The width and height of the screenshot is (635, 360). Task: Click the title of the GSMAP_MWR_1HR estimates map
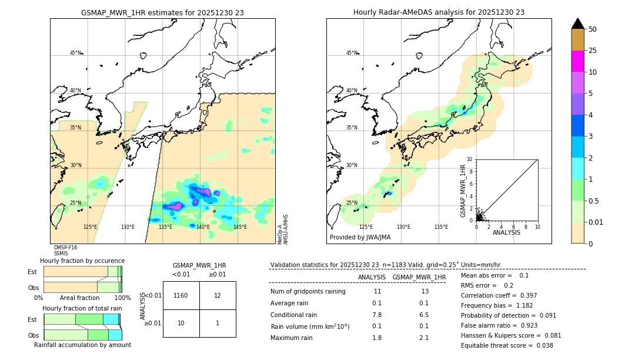[x=162, y=12]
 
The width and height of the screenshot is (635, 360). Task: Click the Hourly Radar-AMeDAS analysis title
[x=439, y=12]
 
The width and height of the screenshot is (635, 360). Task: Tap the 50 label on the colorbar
[x=593, y=29]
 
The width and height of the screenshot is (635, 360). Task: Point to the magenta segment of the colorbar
[x=577, y=61]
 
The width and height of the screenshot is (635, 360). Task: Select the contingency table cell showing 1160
[x=181, y=295]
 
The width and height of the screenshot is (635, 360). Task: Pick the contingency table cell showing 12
[x=218, y=295]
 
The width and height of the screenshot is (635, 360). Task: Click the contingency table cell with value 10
[x=181, y=323]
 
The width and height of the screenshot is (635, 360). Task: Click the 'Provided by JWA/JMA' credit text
[x=360, y=237]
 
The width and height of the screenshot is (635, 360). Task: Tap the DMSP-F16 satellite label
[x=65, y=248]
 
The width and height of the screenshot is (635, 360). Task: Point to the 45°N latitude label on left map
[x=75, y=53]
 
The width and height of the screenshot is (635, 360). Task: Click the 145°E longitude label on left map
[x=240, y=227]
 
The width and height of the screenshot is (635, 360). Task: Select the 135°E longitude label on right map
[x=441, y=227]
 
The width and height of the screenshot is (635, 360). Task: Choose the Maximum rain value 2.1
[x=423, y=338]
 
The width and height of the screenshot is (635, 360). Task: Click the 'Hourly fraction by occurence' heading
[x=82, y=261]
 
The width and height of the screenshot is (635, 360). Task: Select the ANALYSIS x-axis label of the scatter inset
[x=506, y=233]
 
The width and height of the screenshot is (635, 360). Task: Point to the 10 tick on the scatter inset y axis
[x=469, y=159]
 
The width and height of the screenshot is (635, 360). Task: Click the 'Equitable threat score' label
[x=498, y=345]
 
